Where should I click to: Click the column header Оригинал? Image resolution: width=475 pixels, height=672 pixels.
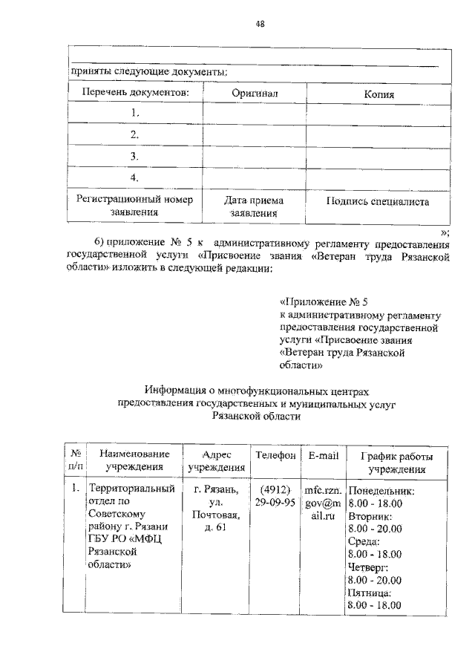pyautogui.click(x=255, y=94)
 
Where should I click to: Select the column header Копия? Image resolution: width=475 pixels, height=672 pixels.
pyautogui.click(x=379, y=94)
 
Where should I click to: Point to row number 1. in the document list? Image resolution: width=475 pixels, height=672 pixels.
pyautogui.click(x=135, y=114)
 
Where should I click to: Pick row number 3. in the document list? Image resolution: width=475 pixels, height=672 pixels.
pyautogui.click(x=135, y=157)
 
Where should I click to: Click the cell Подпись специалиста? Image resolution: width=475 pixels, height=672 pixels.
pyautogui.click(x=378, y=201)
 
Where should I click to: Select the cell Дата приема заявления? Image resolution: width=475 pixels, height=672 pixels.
pyautogui.click(x=254, y=206)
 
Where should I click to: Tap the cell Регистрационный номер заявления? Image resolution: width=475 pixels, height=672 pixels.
pyautogui.click(x=134, y=206)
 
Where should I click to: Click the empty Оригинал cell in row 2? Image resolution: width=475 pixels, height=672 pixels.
pyautogui.click(x=255, y=135)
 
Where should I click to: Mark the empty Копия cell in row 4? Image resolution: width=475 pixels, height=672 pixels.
pyautogui.click(x=379, y=178)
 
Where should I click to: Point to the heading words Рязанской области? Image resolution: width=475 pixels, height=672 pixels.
pyautogui.click(x=256, y=417)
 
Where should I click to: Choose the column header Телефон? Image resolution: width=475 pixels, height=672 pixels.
pyautogui.click(x=275, y=454)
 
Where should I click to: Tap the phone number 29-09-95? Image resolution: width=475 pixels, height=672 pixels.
pyautogui.click(x=275, y=503)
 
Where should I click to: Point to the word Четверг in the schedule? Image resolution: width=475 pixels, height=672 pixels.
pyautogui.click(x=368, y=567)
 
